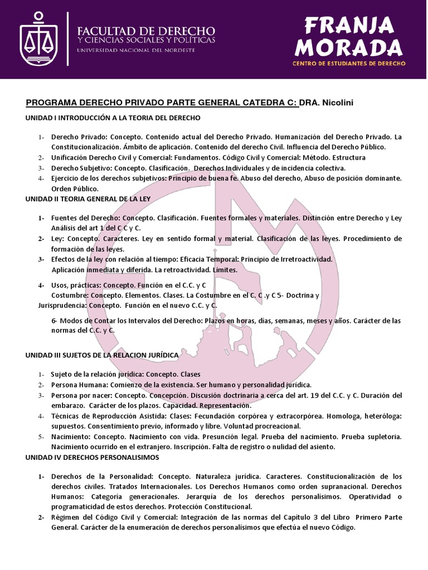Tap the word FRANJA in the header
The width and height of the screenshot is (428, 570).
(349, 25)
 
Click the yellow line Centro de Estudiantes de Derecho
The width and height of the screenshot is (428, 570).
(349, 63)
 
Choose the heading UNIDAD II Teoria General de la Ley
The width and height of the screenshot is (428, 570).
(87, 198)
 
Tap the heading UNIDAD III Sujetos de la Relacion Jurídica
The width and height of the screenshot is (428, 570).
(102, 355)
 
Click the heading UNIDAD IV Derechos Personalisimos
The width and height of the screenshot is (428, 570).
(92, 457)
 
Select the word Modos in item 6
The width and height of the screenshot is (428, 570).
(71, 321)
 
